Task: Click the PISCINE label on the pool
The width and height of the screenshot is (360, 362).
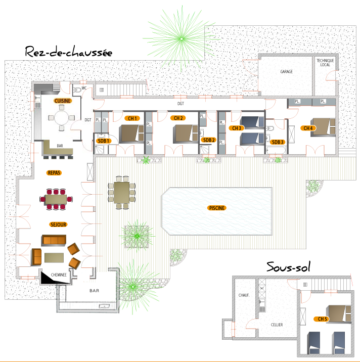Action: click(x=216, y=208)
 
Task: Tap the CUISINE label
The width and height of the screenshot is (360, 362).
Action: click(x=63, y=101)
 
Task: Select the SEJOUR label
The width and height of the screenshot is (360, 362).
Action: click(x=58, y=224)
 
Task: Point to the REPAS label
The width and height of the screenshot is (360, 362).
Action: click(x=54, y=173)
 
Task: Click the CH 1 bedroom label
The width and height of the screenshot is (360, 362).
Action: click(x=132, y=118)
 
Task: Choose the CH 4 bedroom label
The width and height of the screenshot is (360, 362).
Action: click(x=308, y=128)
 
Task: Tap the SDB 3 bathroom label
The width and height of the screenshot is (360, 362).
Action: click(x=278, y=142)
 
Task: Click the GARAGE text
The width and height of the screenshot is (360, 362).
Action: click(x=286, y=72)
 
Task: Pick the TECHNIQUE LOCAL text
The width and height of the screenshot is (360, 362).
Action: click(x=325, y=63)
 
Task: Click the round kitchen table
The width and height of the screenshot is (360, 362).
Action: click(x=61, y=118)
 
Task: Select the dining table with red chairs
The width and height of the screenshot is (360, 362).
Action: click(x=56, y=199)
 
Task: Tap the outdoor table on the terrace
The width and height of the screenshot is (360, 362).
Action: click(x=122, y=193)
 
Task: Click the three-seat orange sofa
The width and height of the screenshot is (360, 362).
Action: click(x=54, y=240)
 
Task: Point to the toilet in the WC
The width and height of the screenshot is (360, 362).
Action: click(x=77, y=90)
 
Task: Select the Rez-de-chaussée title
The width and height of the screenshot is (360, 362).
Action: click(x=69, y=52)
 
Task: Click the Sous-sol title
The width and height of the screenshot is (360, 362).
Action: click(x=288, y=267)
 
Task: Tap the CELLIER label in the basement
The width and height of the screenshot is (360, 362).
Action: click(x=277, y=325)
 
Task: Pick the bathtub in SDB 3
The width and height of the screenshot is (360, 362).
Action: click(x=276, y=150)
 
